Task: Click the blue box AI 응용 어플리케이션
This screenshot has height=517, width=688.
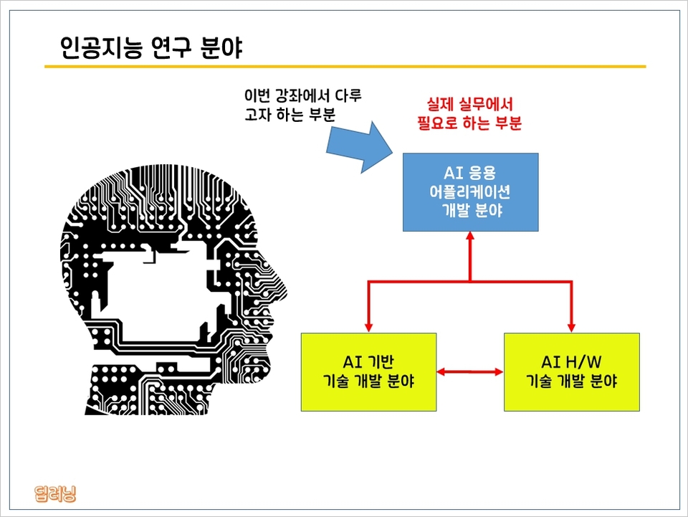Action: click(x=470, y=192)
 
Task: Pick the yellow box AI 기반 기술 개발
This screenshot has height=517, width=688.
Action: click(x=368, y=371)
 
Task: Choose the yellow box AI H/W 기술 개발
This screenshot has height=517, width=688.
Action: click(x=571, y=371)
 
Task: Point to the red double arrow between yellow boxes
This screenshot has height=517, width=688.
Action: click(x=470, y=371)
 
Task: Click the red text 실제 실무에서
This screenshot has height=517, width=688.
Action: click(x=469, y=105)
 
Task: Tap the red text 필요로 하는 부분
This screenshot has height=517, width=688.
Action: click(x=469, y=123)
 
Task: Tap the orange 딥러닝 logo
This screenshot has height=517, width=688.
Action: click(x=55, y=494)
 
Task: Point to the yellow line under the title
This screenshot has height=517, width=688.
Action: click(x=345, y=67)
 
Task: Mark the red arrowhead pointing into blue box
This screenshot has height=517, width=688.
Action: click(x=470, y=237)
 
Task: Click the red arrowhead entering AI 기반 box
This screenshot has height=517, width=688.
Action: click(x=368, y=326)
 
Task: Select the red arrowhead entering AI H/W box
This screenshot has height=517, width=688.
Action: click(x=572, y=326)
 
